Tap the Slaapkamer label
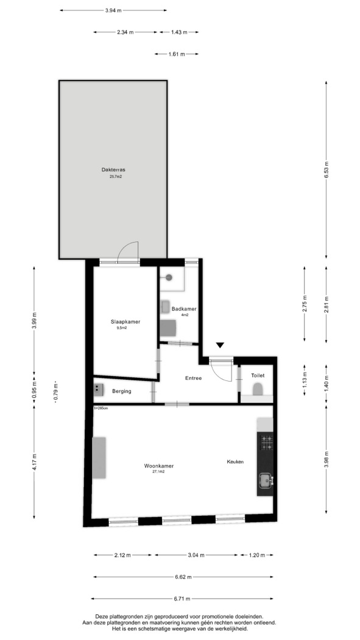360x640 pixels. [125, 322]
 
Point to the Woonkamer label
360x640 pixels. [158, 466]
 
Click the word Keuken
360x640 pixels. [235, 461]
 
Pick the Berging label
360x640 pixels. [122, 391]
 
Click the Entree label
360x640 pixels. [194, 378]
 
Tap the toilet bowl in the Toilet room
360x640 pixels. [258, 389]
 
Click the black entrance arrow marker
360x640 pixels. [220, 346]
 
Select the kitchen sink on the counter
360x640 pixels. [266, 480]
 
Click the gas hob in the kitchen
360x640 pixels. [267, 443]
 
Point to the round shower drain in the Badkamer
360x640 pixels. [169, 277]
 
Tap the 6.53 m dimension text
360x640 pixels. [326, 170]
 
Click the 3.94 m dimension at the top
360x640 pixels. [113, 10]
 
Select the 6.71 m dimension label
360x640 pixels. [182, 599]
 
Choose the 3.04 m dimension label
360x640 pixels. [196, 555]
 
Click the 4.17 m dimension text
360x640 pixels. [34, 463]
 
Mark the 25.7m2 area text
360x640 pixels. [116, 177]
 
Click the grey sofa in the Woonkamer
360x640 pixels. [99, 458]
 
